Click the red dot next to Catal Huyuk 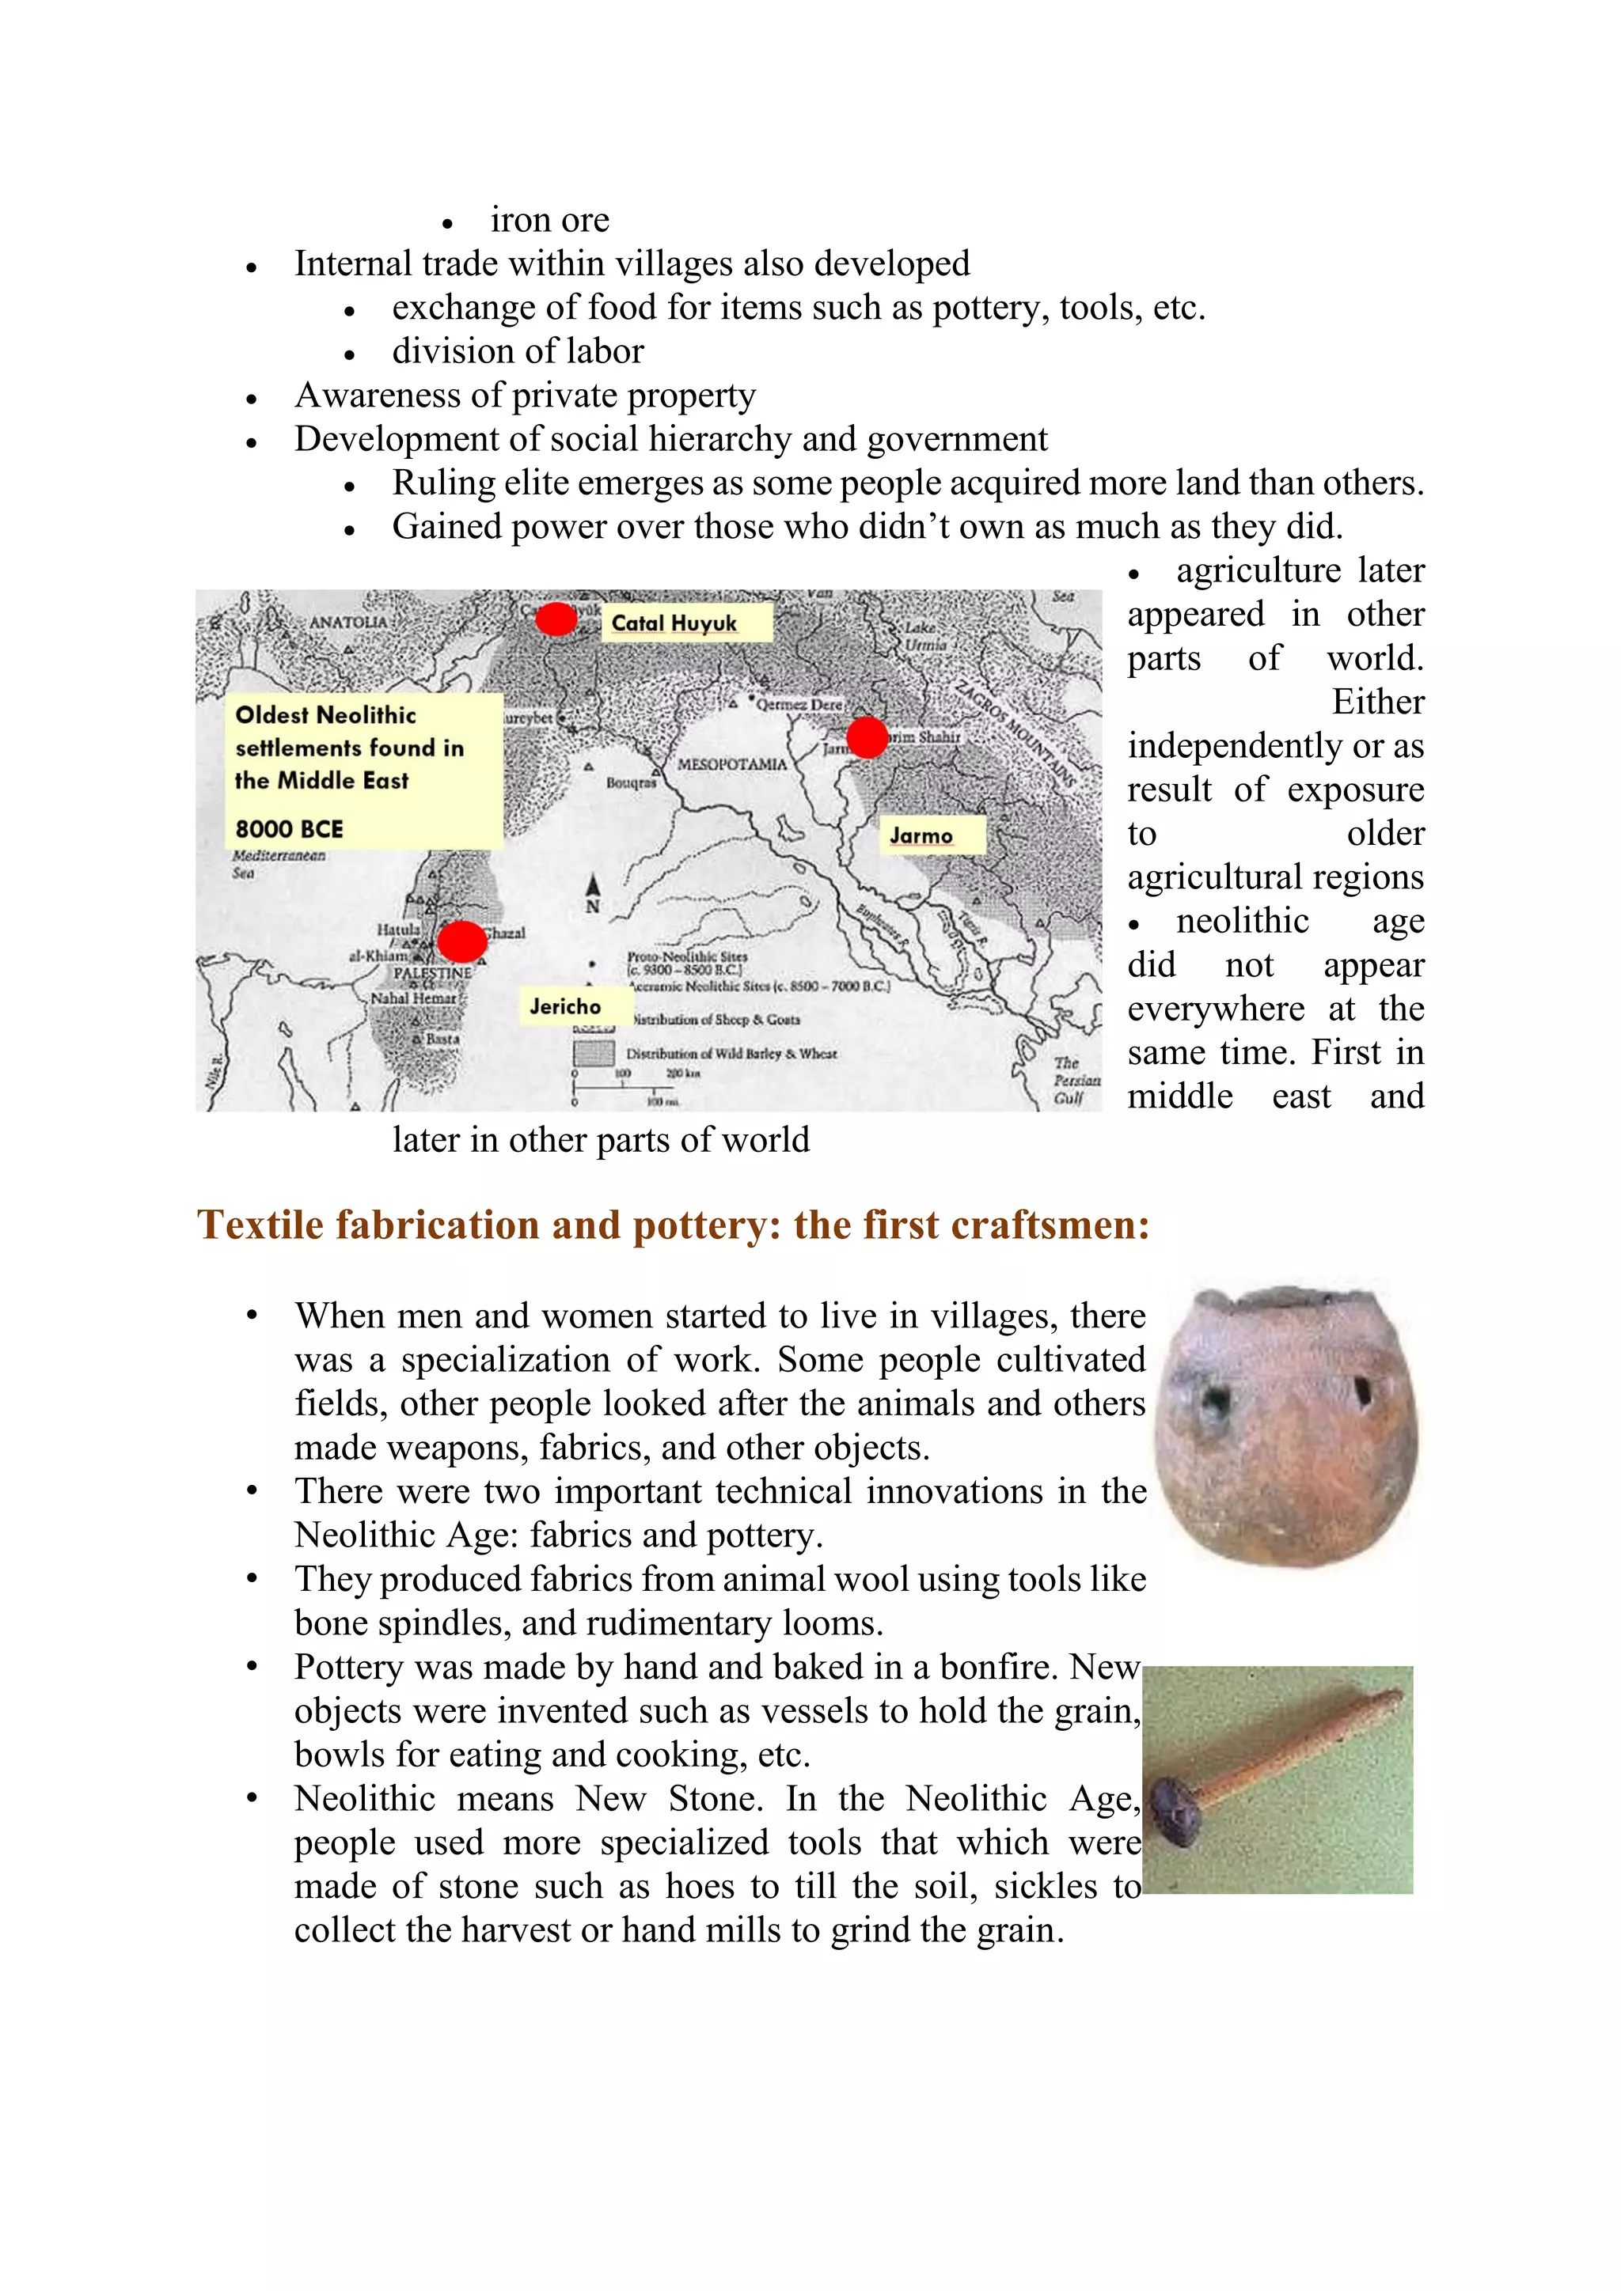coord(556,619)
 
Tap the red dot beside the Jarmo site coord(867,737)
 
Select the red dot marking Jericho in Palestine coord(461,941)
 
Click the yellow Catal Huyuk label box coord(689,623)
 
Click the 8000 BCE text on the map coord(290,828)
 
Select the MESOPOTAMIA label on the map coord(731,763)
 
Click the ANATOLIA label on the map coord(347,622)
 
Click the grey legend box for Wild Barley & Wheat coord(593,1053)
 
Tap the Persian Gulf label coord(1076,1081)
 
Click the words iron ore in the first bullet coord(549,219)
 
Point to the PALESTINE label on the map coord(431,972)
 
